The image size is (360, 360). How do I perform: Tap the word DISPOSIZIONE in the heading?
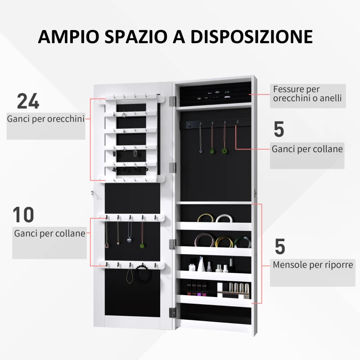tap(252, 36)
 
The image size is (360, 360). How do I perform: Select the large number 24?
tap(28, 102)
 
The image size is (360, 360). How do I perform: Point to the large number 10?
tap(24, 215)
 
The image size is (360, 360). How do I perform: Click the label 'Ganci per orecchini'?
tap(45, 119)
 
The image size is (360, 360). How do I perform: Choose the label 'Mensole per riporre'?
tap(313, 265)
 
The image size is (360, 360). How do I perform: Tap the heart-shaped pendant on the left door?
tap(130, 240)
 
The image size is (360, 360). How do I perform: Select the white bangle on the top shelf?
tap(223, 219)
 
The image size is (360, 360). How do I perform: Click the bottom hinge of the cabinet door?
tap(172, 312)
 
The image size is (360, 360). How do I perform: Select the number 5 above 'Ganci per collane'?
tap(279, 130)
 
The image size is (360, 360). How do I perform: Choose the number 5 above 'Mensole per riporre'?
tap(279, 247)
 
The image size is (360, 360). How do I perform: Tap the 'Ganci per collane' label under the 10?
tap(49, 233)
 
